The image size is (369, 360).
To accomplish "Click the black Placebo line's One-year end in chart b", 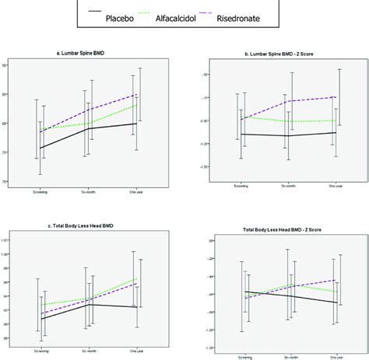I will pos(336,132).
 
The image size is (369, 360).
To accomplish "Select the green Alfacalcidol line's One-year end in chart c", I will pos(138,278).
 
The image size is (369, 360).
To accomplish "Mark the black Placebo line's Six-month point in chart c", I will pos(90,304).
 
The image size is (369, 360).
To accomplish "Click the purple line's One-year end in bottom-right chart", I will pos(336,280).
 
